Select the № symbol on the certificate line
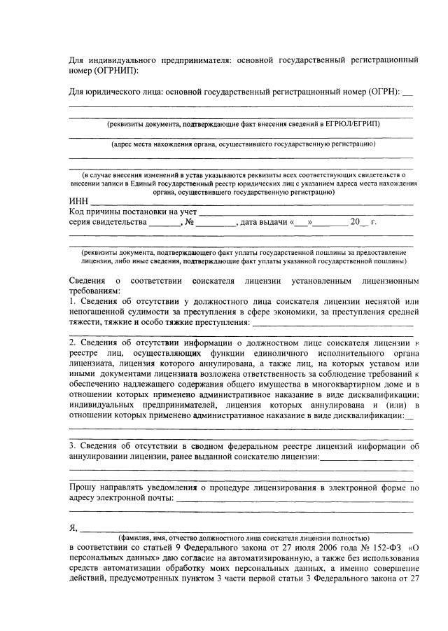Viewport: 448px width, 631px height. click(189, 222)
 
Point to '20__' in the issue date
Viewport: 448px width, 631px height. click(358, 222)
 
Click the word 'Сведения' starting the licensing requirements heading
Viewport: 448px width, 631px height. click(87, 281)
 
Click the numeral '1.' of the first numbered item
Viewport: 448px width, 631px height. click(72, 301)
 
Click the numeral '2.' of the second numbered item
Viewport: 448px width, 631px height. click(73, 343)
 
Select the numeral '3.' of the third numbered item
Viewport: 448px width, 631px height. click(73, 446)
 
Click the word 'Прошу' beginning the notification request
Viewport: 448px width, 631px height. click(83, 487)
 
